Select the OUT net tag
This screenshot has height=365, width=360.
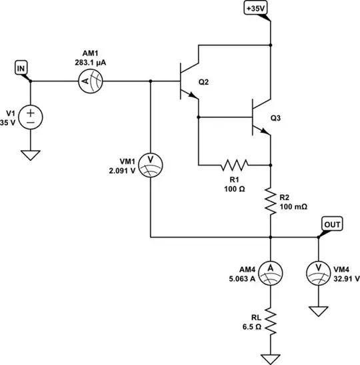pos(331,224)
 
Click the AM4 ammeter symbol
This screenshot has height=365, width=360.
pos(271,268)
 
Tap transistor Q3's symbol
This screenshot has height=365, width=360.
pos(261,118)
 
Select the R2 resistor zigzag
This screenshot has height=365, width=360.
pos(271,201)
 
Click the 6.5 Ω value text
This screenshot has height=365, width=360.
pos(251,328)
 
